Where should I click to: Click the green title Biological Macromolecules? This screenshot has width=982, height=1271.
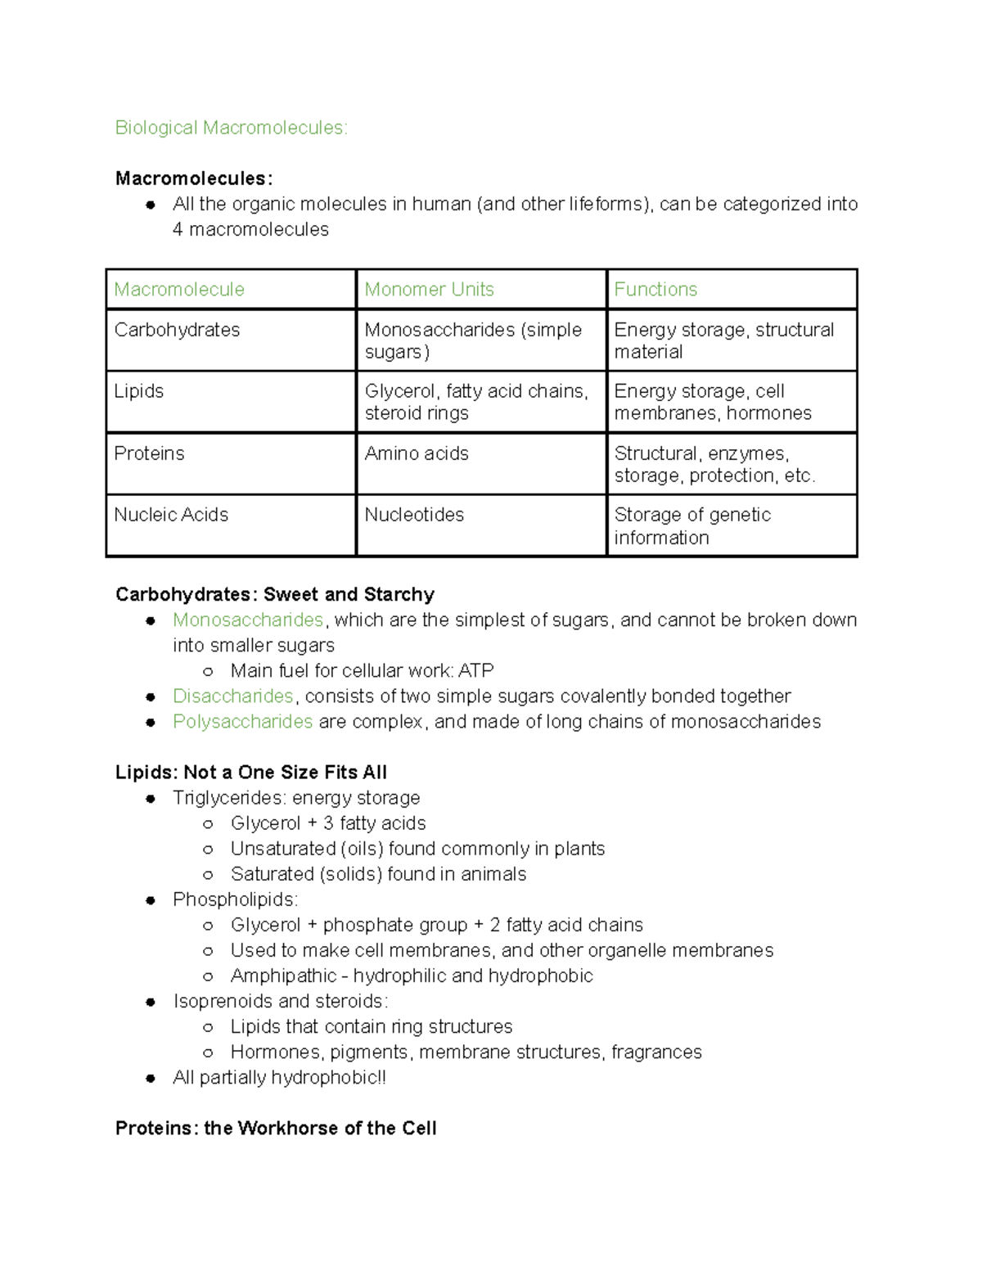[x=231, y=128]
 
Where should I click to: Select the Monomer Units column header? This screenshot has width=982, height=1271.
[x=429, y=289]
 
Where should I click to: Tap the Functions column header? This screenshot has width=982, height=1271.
[x=655, y=289]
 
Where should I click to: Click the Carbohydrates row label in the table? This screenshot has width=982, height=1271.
[x=177, y=330]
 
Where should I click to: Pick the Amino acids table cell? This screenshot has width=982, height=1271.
[x=417, y=453]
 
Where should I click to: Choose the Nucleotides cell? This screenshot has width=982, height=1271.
[x=414, y=515]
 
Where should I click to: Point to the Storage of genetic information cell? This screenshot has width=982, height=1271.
[x=692, y=525]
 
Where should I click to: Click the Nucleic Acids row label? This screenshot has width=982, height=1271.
[x=171, y=515]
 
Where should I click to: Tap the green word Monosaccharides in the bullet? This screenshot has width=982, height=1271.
[x=248, y=620]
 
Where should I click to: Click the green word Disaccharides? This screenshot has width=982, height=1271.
[x=232, y=696]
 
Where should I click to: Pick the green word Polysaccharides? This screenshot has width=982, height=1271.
[x=242, y=721]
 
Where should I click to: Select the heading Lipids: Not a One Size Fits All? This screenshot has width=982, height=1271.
[x=250, y=773]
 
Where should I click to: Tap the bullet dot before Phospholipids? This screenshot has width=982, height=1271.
[x=151, y=899]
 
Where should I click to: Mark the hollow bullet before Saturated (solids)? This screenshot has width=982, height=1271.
[x=208, y=874]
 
